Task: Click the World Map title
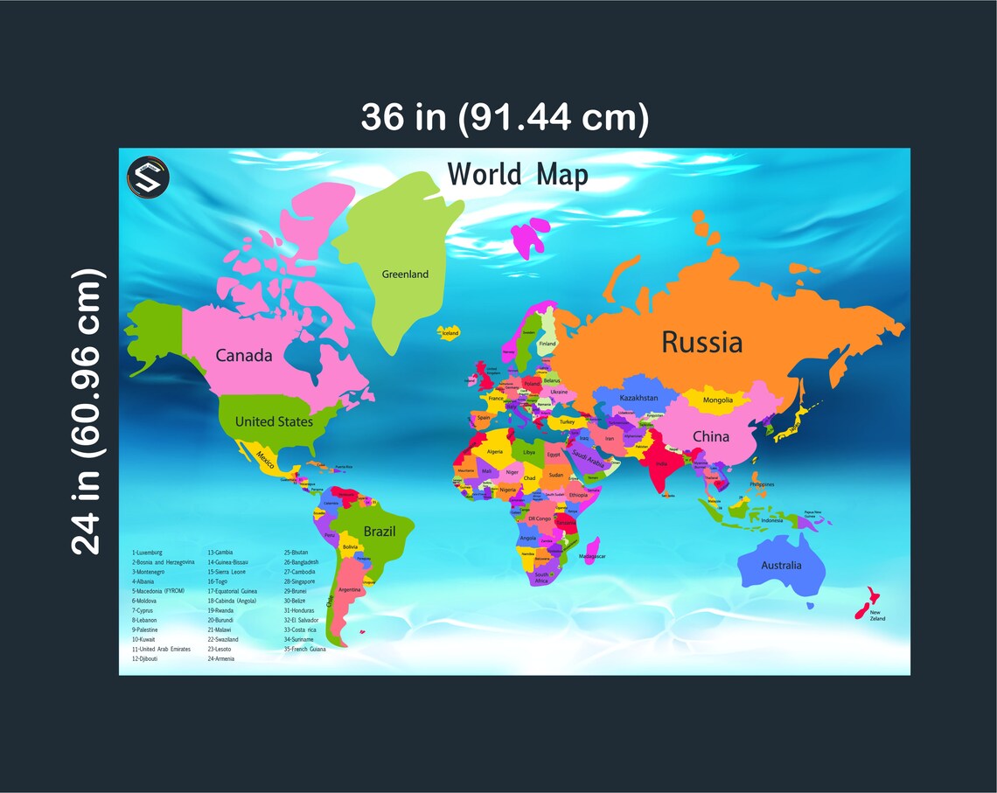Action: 518,175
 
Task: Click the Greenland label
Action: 405,275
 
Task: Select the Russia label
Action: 701,342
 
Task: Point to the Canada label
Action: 244,356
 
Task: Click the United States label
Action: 274,421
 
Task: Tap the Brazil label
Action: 380,532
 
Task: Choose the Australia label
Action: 781,566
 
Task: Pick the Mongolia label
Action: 718,400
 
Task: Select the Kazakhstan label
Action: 638,398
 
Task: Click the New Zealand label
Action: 877,616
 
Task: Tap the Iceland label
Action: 450,333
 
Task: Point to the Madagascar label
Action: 593,556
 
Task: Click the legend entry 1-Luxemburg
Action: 148,553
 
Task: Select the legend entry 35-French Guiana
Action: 304,649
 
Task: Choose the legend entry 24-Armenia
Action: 221,658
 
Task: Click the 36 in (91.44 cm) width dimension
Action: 505,117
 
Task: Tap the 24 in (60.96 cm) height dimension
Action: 88,411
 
